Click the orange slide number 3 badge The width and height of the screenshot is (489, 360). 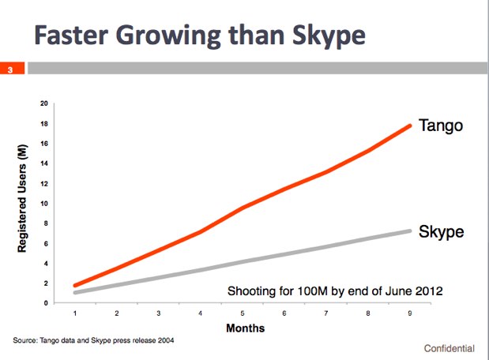click(x=11, y=69)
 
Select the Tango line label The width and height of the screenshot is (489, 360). click(x=440, y=125)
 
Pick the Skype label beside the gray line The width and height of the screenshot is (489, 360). click(x=440, y=231)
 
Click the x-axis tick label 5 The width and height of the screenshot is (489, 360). click(x=243, y=313)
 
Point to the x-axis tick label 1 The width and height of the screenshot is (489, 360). click(x=75, y=313)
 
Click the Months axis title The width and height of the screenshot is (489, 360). click(x=245, y=327)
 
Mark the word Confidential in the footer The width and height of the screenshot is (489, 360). click(x=450, y=347)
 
